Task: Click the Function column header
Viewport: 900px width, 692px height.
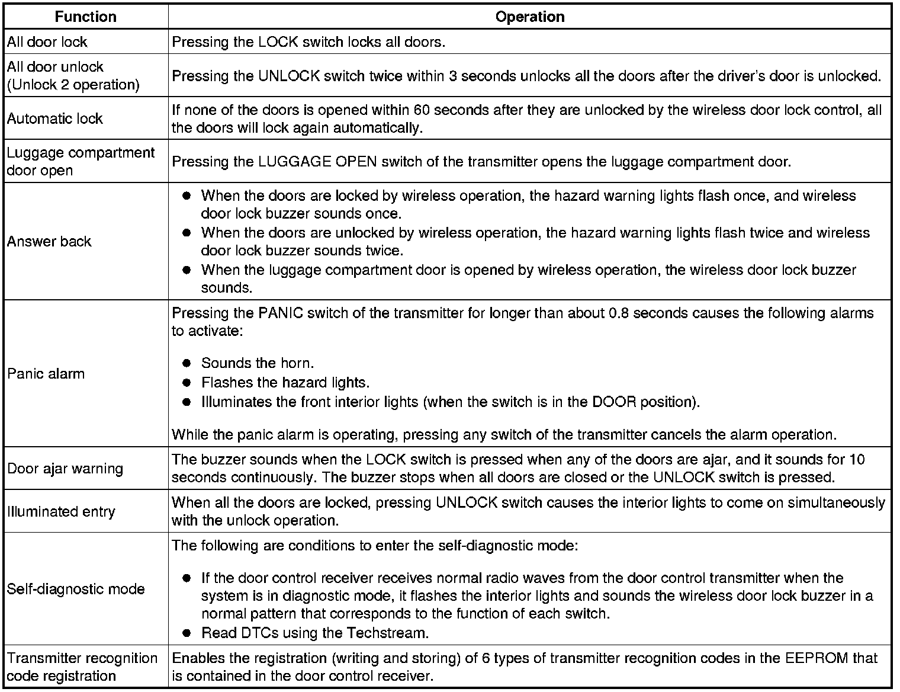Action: point(85,17)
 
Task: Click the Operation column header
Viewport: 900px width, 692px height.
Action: point(529,17)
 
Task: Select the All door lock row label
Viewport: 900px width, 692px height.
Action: point(47,42)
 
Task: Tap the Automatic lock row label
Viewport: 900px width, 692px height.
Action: point(54,118)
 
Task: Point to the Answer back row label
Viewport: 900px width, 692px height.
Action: point(49,241)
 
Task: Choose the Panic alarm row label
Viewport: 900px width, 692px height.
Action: point(46,374)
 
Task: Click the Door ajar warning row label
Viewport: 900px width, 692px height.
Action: point(65,469)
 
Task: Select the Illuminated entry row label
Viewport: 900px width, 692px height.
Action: point(61,511)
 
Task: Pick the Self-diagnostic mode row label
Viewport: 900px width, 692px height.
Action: point(76,589)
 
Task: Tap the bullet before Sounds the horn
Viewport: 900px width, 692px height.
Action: point(187,363)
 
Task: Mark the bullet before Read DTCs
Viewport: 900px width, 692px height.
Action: point(187,633)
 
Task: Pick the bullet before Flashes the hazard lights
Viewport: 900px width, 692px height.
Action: point(187,383)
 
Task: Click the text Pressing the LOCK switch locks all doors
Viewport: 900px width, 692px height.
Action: point(308,42)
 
